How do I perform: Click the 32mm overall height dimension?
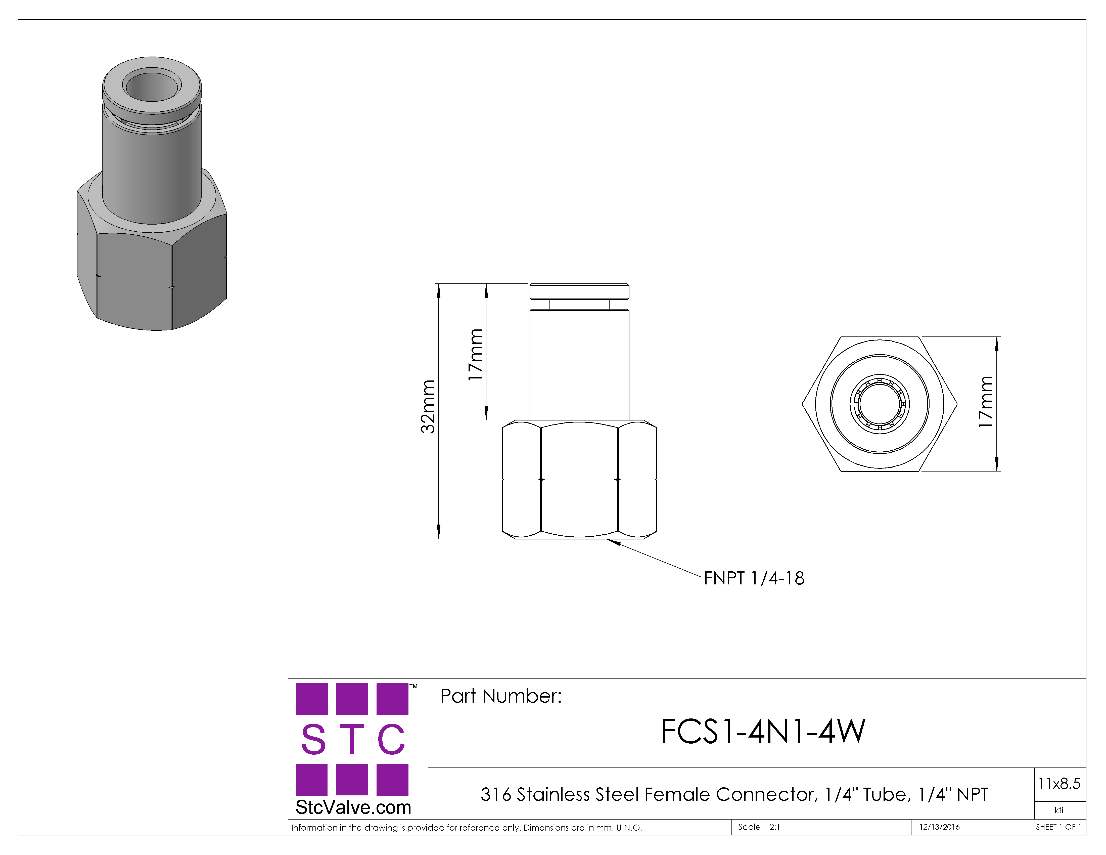pyautogui.click(x=428, y=406)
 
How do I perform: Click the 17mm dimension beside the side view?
pyautogui.click(x=475, y=355)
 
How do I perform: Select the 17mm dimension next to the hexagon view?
pyautogui.click(x=986, y=402)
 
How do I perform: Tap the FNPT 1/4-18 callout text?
pyautogui.click(x=754, y=578)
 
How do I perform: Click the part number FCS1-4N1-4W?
pyautogui.click(x=763, y=732)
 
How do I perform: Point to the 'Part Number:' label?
pyautogui.click(x=501, y=696)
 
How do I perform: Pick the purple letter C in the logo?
pyautogui.click(x=391, y=739)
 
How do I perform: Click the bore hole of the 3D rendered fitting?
pyautogui.click(x=152, y=86)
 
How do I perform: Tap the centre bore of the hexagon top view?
pyautogui.click(x=880, y=404)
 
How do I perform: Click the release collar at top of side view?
pyautogui.click(x=579, y=292)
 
